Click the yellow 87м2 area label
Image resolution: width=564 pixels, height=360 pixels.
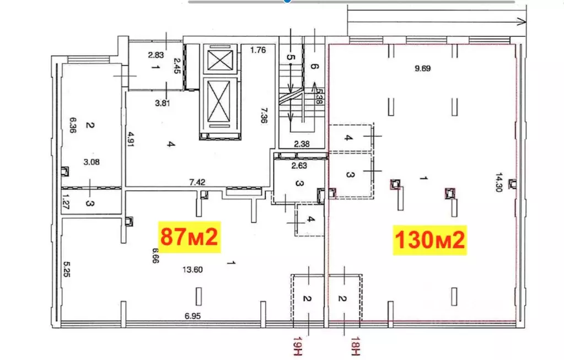point(189,237)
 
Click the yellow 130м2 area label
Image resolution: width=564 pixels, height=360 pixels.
point(429,240)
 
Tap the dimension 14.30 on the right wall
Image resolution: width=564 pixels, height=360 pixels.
point(499,182)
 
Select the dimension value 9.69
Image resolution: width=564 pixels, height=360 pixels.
point(423,68)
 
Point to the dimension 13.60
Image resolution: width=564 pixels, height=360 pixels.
point(192,270)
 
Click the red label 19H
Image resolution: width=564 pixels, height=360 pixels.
point(297,346)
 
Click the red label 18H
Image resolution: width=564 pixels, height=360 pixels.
point(356,346)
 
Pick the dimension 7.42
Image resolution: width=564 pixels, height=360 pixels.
point(197,182)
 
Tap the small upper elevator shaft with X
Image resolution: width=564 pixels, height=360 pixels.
point(220,60)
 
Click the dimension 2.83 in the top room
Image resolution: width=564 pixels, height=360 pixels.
point(155,55)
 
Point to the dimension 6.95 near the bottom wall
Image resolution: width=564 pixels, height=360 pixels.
point(192,316)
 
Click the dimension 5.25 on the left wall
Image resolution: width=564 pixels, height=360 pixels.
point(67,269)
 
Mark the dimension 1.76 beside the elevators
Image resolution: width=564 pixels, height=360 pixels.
point(258,50)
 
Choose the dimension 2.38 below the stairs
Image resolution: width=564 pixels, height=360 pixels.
point(302,144)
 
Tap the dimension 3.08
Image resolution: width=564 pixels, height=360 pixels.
point(92,162)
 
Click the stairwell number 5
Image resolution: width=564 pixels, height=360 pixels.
point(291,57)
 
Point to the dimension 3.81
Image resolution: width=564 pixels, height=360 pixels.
point(162,103)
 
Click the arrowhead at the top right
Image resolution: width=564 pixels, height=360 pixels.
point(522,22)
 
